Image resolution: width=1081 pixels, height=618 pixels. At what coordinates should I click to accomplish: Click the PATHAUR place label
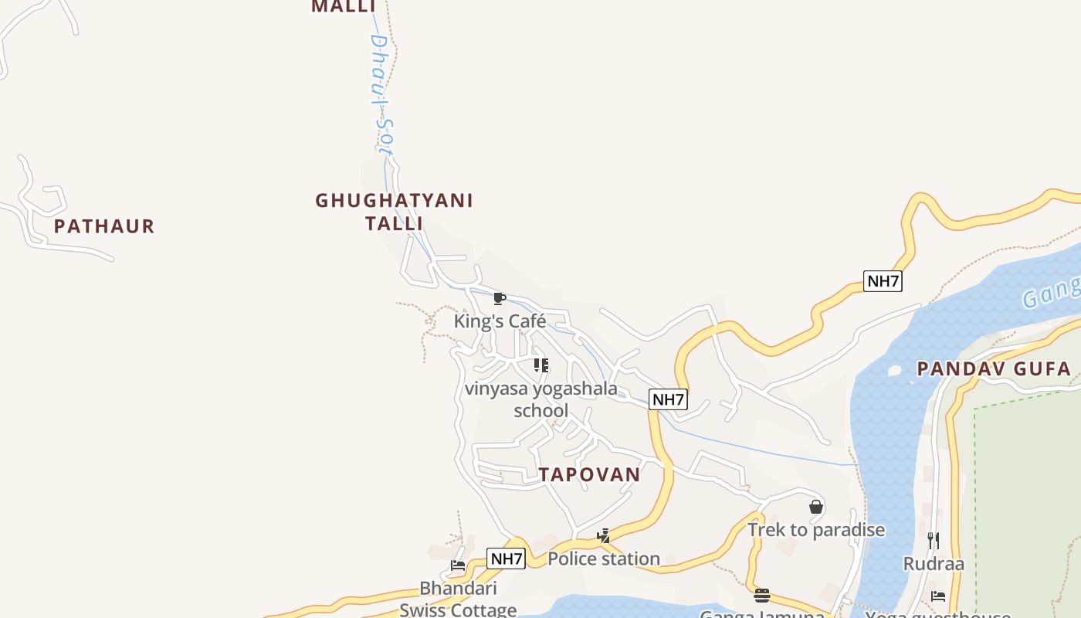click(104, 226)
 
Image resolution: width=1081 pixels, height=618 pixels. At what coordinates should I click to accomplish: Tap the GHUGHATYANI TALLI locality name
click(394, 212)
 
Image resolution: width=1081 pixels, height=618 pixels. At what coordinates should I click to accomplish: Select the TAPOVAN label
click(590, 474)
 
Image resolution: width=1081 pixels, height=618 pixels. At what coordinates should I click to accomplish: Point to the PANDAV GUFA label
click(994, 368)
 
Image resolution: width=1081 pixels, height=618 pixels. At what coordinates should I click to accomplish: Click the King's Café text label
click(500, 321)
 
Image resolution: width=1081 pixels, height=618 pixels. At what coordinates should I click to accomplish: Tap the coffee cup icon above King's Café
click(500, 298)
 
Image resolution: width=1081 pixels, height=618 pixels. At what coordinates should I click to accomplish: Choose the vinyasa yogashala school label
click(541, 399)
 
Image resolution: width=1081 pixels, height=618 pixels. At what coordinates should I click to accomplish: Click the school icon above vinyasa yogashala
click(541, 365)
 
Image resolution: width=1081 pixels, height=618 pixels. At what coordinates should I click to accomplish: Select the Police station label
click(604, 558)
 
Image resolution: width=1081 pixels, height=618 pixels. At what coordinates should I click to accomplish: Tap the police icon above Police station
click(604, 535)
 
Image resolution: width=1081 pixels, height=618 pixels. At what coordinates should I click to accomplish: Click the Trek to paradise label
click(816, 529)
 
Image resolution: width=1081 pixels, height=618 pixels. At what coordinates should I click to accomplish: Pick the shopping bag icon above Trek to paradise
click(816, 507)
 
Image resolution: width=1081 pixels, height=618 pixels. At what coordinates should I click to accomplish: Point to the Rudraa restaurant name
click(934, 563)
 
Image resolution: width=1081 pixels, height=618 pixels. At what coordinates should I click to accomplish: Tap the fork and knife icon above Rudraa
click(934, 540)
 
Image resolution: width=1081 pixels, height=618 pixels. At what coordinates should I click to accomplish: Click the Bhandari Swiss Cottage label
click(458, 599)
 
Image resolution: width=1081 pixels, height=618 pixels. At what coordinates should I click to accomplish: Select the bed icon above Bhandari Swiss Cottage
click(458, 565)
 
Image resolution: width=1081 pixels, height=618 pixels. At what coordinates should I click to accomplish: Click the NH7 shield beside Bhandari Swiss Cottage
click(506, 559)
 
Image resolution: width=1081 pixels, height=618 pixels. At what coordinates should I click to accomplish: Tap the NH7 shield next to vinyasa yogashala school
click(668, 399)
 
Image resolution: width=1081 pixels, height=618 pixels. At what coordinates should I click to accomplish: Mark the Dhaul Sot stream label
click(381, 97)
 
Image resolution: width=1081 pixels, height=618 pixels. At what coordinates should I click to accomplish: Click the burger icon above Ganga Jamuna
click(762, 595)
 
